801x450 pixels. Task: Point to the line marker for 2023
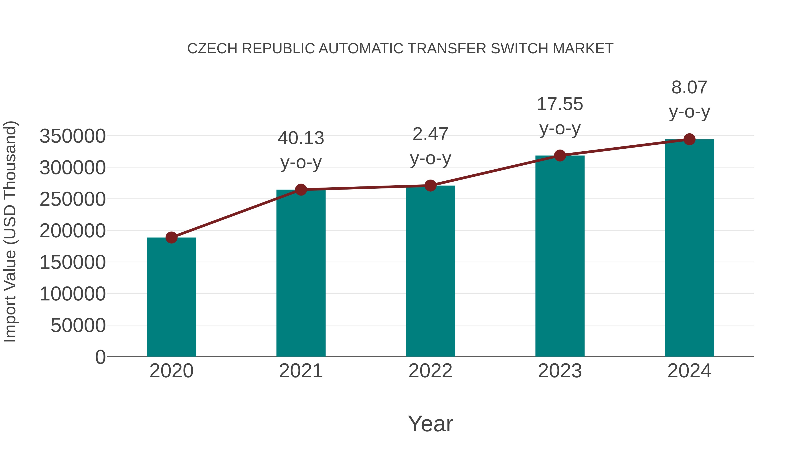560,155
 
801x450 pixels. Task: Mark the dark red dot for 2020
171,238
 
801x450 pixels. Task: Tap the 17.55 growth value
560,104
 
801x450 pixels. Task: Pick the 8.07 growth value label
689,87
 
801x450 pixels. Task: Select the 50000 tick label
78,326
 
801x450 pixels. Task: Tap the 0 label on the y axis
100,357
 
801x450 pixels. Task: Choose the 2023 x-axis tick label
560,371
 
